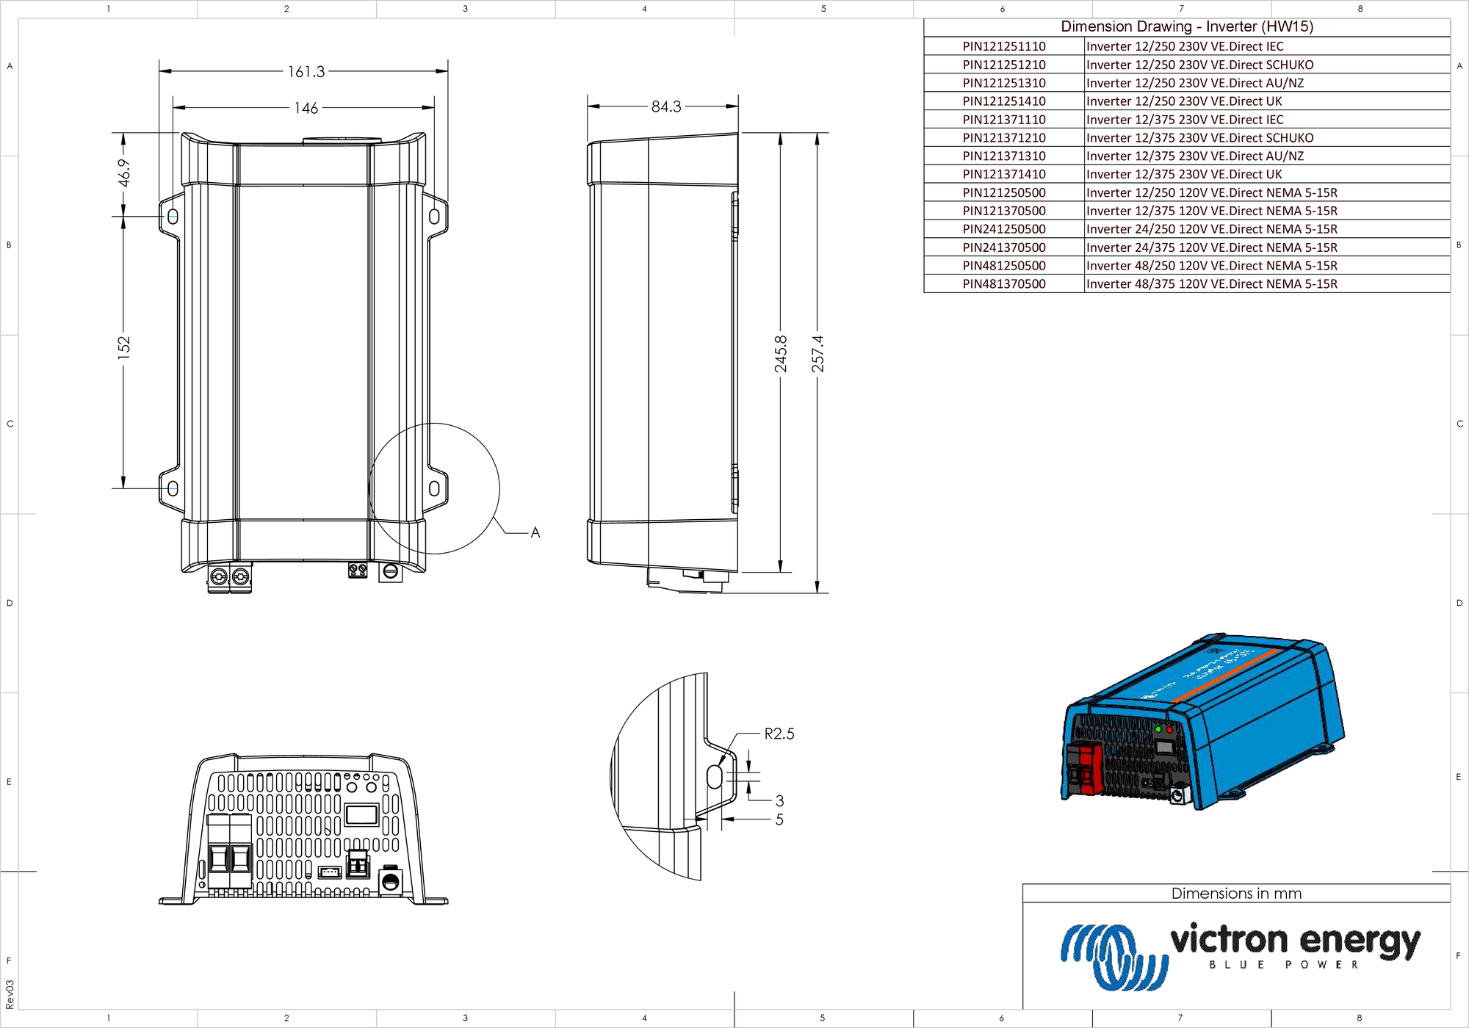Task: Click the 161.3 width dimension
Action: coord(306,72)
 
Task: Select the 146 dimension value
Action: coord(306,108)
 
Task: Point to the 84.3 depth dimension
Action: coord(665,106)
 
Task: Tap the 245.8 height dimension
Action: coord(781,353)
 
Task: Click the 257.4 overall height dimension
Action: coord(817,353)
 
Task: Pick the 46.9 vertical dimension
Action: coord(124,173)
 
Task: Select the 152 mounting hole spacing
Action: coord(123,347)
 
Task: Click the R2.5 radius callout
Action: coord(779,734)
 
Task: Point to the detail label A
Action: coord(535,532)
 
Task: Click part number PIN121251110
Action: coord(1003,46)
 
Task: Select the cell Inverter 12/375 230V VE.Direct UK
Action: coord(1184,174)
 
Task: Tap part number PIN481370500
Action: coord(1003,284)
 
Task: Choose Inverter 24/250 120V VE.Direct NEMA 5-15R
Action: coord(1211,229)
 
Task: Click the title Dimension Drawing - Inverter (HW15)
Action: coord(1186,26)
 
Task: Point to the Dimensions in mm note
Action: coord(1235,894)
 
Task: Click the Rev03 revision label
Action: coord(10,993)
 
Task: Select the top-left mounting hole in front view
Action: coord(173,217)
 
